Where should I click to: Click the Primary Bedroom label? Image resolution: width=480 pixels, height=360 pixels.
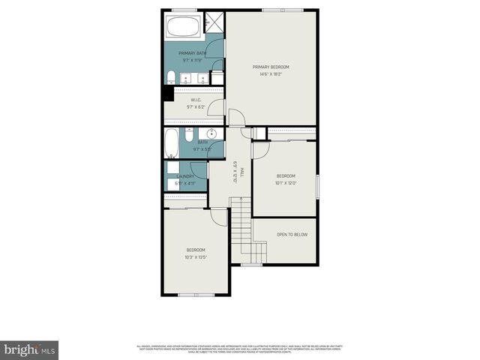pyautogui.click(x=271, y=67)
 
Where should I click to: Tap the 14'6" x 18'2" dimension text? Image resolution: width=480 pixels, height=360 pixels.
pyautogui.click(x=271, y=74)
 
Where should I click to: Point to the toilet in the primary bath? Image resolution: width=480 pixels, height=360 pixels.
pyautogui.click(x=171, y=76)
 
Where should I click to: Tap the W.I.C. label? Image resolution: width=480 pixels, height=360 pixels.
pyautogui.click(x=195, y=100)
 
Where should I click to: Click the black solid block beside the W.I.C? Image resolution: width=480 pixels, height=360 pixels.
pyautogui.click(x=167, y=94)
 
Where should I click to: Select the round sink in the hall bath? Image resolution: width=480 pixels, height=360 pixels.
pyautogui.click(x=212, y=134)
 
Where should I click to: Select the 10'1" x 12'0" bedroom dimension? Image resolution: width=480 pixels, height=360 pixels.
pyautogui.click(x=286, y=182)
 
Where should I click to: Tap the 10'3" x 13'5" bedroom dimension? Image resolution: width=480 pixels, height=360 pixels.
pyautogui.click(x=196, y=257)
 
